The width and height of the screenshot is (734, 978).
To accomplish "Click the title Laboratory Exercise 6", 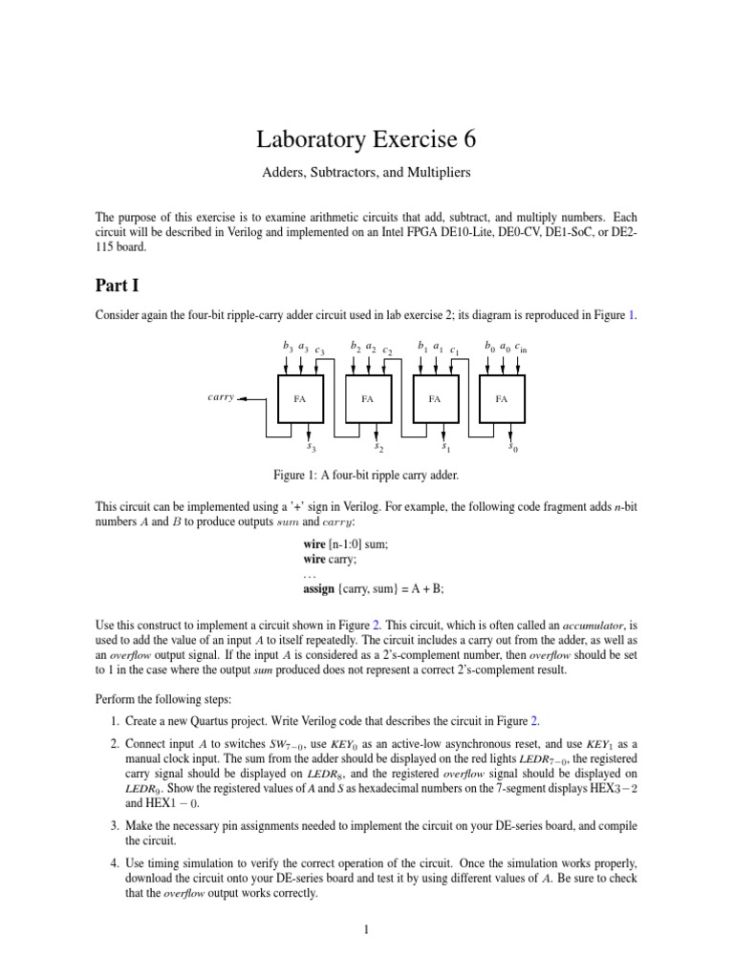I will point(366,140).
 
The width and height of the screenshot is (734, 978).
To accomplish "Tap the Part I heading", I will point(118,285).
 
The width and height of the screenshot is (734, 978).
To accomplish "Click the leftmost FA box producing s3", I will point(300,399).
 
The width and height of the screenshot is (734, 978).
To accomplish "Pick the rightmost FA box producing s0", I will point(501,399).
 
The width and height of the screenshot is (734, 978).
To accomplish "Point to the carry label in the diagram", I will point(221,396).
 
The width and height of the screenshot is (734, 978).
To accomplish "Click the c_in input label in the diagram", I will point(520,349).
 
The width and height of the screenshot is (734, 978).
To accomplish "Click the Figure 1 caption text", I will point(366,475).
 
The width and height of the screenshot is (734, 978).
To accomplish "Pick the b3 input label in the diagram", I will point(286,347).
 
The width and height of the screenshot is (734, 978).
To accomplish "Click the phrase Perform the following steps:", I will point(167,698).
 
